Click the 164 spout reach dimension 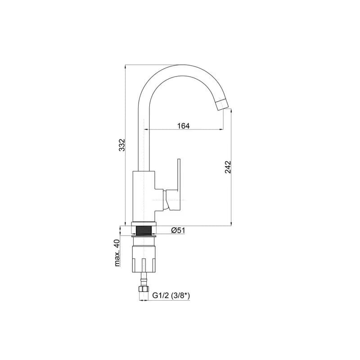pyautogui.click(x=184, y=126)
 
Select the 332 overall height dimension pyautogui.click(x=122, y=145)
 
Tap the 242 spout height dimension pyautogui.click(x=228, y=167)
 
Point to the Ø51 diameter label pyautogui.click(x=178, y=230)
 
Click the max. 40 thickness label pyautogui.click(x=117, y=253)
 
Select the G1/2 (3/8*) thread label pyautogui.click(x=171, y=296)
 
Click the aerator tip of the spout pyautogui.click(x=222, y=106)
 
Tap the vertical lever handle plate pyautogui.click(x=179, y=175)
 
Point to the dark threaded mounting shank pyautogui.click(x=144, y=230)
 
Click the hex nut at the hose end pyautogui.click(x=144, y=289)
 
